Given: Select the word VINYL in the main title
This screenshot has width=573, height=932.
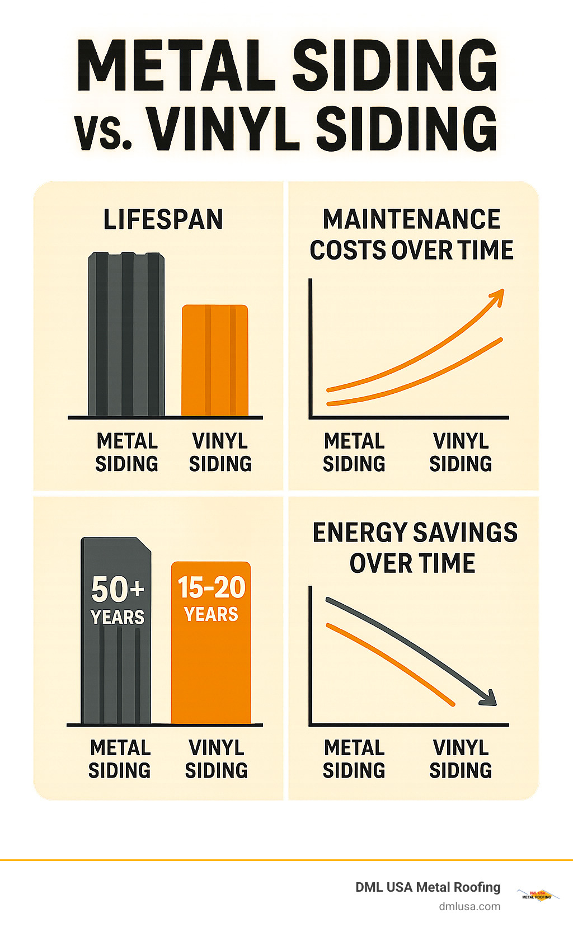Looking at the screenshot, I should (x=223, y=130).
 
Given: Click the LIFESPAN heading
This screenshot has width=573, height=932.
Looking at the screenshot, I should (x=163, y=219).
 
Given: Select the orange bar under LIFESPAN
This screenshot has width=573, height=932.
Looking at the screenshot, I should (x=215, y=360).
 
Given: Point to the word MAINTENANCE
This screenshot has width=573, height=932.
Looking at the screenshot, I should (x=411, y=219).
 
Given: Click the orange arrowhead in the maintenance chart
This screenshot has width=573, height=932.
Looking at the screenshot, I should (x=497, y=296).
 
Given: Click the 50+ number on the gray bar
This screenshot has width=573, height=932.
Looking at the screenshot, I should (x=118, y=589).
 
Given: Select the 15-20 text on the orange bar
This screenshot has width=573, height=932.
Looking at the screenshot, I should (x=212, y=587).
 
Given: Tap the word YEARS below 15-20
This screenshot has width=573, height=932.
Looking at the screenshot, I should (x=212, y=614).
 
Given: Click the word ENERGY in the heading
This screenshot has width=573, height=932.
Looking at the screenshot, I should (x=360, y=533).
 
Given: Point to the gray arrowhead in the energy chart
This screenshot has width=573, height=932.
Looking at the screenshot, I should (x=488, y=698).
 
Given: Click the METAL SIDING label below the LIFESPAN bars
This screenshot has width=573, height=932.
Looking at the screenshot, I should (x=127, y=453).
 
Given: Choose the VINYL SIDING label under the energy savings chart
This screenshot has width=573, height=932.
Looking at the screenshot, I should (x=461, y=759).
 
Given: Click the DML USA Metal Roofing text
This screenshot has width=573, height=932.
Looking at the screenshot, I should (x=428, y=887).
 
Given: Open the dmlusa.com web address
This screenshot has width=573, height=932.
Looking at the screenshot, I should (x=469, y=906).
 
